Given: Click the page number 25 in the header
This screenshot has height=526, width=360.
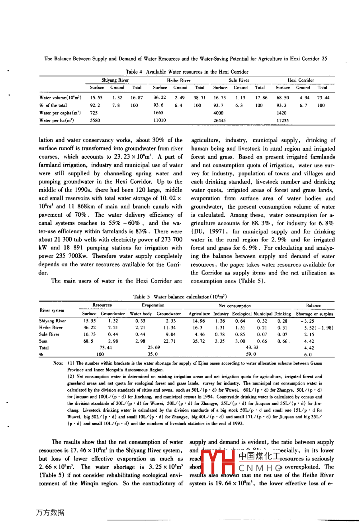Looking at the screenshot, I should [x=324, y=59].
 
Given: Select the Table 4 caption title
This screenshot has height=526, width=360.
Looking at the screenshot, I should [x=187, y=72].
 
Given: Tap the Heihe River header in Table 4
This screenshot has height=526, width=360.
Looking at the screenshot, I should [x=179, y=80].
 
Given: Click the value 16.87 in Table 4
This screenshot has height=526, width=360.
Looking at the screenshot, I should [x=137, y=98].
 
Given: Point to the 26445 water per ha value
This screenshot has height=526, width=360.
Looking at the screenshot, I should [x=219, y=120].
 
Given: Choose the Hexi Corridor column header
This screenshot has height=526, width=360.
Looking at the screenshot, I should [x=301, y=80].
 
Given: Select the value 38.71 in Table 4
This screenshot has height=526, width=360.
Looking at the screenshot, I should [x=200, y=98].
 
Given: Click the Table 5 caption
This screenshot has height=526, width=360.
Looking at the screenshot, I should [x=180, y=296].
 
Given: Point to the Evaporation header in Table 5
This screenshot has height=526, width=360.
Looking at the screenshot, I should [x=153, y=305].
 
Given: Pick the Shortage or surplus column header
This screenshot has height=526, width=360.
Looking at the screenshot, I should [x=314, y=314].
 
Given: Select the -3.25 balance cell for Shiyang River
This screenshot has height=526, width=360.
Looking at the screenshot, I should [x=307, y=321].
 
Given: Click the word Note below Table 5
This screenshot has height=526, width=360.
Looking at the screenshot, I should [x=58, y=363].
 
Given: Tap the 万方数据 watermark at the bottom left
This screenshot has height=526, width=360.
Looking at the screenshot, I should [x=50, y=512].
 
